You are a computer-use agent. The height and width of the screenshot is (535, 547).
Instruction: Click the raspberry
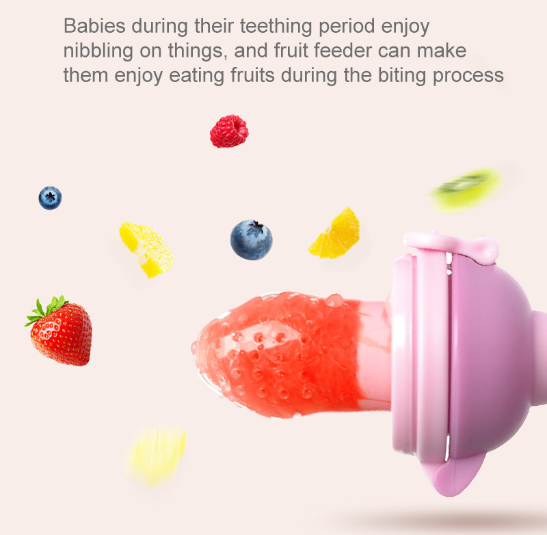[228, 131]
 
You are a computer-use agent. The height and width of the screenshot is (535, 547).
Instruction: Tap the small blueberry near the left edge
[50, 198]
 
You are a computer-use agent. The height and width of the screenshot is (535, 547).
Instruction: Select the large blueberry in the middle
[251, 240]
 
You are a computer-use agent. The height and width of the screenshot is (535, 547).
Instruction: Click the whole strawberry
[63, 334]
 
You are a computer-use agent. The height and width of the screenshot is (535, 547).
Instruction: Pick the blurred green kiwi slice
[466, 187]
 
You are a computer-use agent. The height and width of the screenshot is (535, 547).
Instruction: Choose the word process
[468, 74]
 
